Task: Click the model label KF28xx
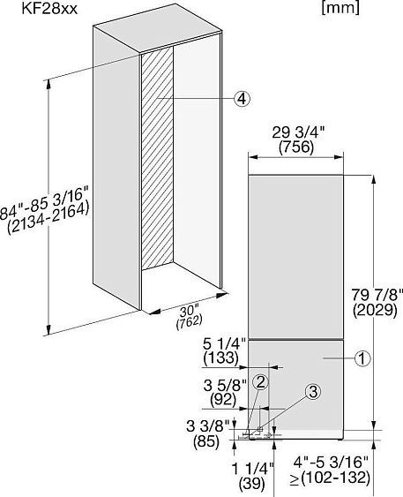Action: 49,9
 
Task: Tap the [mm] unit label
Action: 340,8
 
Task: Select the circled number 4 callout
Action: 242,99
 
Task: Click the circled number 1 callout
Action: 362,358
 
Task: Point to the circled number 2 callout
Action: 260,382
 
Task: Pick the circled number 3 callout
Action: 313,392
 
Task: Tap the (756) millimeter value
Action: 296,147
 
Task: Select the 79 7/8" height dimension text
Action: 377,295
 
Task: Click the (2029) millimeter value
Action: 375,311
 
